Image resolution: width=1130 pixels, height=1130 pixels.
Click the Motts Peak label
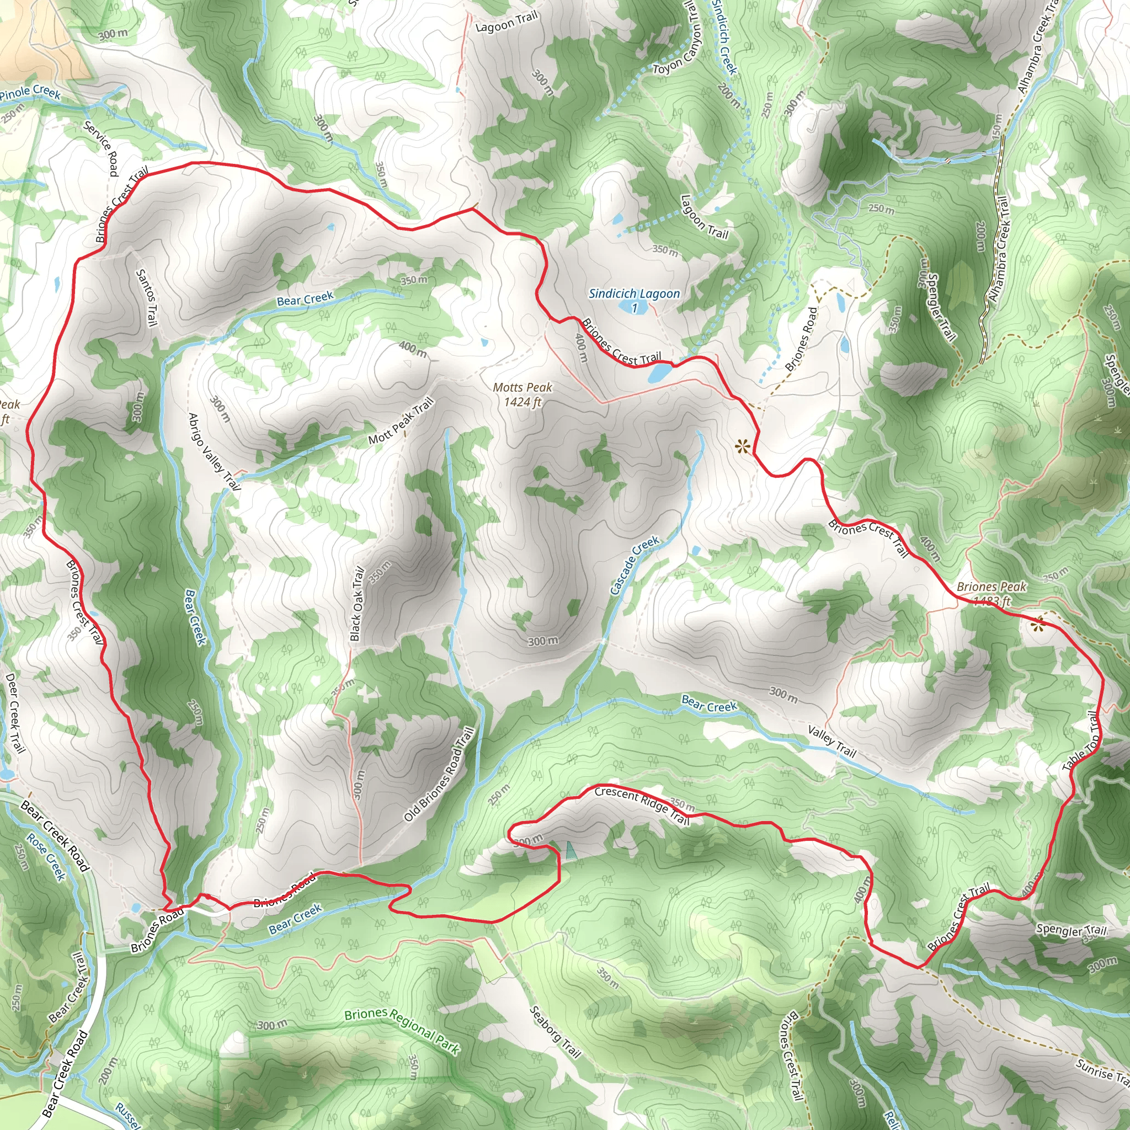click(523, 394)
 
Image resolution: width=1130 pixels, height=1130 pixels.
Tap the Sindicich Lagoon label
click(634, 294)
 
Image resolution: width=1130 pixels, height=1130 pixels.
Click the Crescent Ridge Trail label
click(642, 805)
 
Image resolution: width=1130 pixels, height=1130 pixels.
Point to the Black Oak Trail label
click(357, 604)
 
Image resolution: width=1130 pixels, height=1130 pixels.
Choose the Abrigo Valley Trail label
click(214, 451)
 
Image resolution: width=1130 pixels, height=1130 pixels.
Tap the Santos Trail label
click(146, 298)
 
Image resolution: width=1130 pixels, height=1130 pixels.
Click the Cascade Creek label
click(635, 566)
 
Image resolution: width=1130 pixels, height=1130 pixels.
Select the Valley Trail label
click(831, 741)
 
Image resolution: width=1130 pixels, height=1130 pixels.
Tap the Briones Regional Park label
click(402, 1031)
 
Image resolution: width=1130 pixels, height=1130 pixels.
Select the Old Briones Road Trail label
click(439, 774)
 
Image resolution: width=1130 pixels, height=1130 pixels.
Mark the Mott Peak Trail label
click(401, 420)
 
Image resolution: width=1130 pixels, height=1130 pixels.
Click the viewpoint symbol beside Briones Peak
click(1038, 625)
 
